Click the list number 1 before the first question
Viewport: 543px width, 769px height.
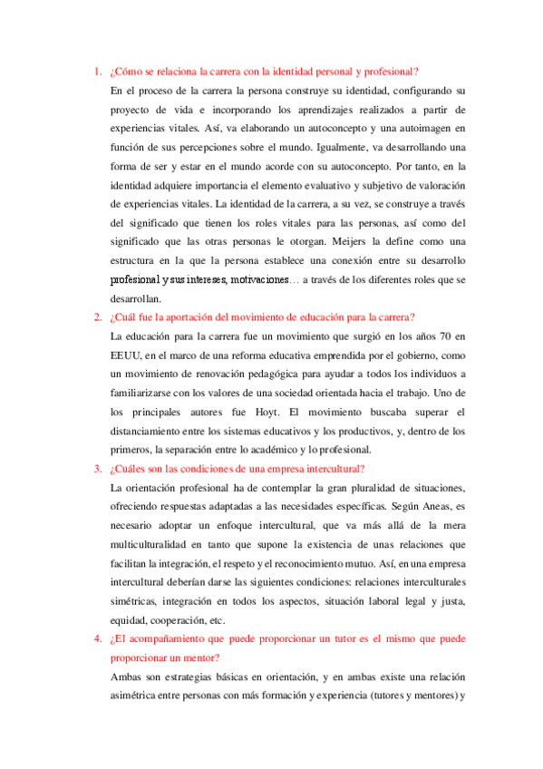97,73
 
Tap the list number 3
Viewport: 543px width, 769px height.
97,468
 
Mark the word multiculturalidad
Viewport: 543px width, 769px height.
159,544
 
